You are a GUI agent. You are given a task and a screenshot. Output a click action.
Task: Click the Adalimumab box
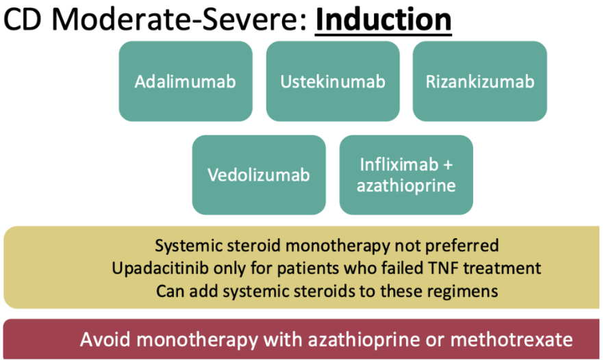186,81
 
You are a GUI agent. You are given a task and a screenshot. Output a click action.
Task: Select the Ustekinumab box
333,81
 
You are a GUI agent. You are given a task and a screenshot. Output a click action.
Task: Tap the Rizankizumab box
480,81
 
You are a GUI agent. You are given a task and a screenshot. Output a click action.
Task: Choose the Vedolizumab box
259,175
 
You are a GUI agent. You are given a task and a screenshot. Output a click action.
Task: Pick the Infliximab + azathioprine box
406,175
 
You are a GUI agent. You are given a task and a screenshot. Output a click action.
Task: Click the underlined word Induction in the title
383,20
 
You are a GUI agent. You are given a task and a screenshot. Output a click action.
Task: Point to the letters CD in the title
23,20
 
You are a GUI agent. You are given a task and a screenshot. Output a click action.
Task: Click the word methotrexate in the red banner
512,340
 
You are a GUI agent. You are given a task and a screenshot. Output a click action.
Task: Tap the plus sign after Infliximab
448,166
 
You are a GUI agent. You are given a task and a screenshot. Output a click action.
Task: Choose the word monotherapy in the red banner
197,340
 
